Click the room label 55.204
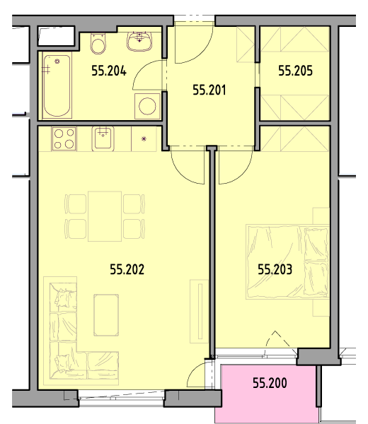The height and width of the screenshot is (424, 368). (109, 71)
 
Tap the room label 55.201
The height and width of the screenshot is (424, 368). (209, 90)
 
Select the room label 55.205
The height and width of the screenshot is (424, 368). (295, 71)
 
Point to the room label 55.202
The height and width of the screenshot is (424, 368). (127, 269)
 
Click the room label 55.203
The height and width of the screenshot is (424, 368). (275, 270)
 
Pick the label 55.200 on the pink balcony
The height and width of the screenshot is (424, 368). (270, 383)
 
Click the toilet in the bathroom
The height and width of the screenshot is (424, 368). (98, 44)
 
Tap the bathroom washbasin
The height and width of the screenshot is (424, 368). (139, 42)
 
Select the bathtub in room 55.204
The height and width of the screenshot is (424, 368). (57, 86)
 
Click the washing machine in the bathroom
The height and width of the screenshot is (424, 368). (147, 106)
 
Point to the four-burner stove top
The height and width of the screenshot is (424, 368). (64, 139)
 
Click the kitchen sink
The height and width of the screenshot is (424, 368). (103, 139)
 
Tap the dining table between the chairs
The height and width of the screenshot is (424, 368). (105, 216)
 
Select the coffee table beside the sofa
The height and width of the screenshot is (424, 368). (106, 315)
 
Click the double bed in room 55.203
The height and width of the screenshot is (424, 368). (287, 261)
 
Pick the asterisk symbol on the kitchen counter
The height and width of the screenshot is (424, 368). (144, 139)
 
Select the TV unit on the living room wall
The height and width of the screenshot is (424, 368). (199, 311)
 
